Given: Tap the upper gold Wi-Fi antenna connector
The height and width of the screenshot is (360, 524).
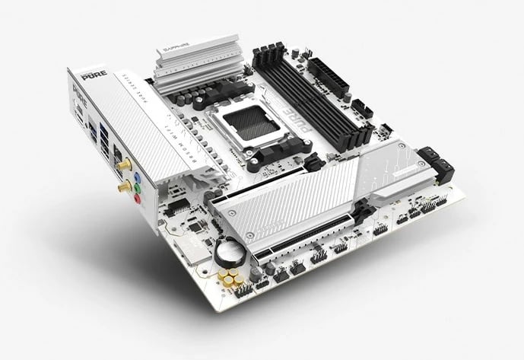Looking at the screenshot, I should click(120, 163).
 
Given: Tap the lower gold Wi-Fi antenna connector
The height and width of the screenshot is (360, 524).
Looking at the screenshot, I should click(121, 184).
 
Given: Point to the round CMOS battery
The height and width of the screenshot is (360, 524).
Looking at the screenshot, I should click(227, 250).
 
